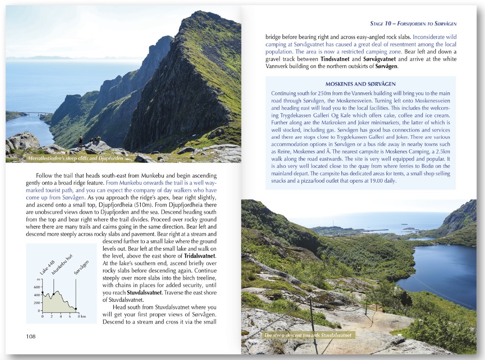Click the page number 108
[x=31, y=336]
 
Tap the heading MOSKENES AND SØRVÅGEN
[x=360, y=84]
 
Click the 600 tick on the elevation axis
[x=37, y=286]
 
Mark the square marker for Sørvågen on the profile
[x=76, y=309]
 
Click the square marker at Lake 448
[x=42, y=293]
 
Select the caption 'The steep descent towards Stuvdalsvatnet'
[x=307, y=335]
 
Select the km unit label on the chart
[x=83, y=317]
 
